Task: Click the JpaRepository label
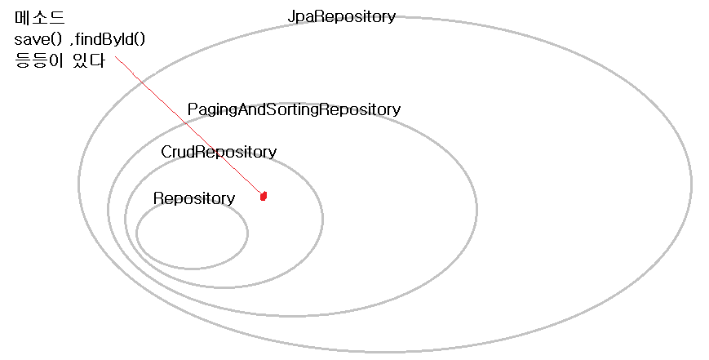pyautogui.click(x=341, y=16)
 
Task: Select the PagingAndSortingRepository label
pyautogui.click(x=294, y=109)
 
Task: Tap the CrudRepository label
pyautogui.click(x=219, y=152)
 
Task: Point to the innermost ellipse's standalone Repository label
pyautogui.click(x=194, y=198)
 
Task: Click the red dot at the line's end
pyautogui.click(x=264, y=196)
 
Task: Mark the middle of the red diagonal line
pyautogui.click(x=189, y=127)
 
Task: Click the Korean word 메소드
pyautogui.click(x=39, y=17)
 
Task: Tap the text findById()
pyautogui.click(x=112, y=39)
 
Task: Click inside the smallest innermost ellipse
pyautogui.click(x=193, y=235)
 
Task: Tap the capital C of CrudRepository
pyautogui.click(x=166, y=152)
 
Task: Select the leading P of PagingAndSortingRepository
pyautogui.click(x=192, y=109)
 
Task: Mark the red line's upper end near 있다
pyautogui.click(x=116, y=57)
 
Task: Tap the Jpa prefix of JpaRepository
pyautogui.click(x=301, y=16)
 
